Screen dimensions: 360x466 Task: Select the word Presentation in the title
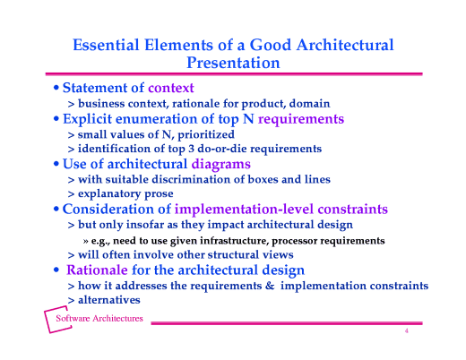click(x=232, y=63)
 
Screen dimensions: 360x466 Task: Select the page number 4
click(x=406, y=330)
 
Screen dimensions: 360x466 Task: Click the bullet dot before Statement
click(x=56, y=89)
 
